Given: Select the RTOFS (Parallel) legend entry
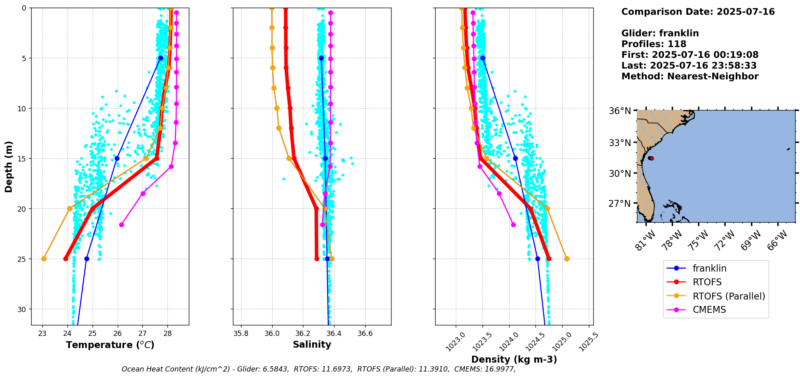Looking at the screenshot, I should click(728, 296).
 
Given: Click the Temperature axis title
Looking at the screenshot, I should click(110, 345).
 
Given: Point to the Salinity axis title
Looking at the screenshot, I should click(312, 344).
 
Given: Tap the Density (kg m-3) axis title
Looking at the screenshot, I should click(514, 359).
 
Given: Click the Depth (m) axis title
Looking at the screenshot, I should click(9, 166).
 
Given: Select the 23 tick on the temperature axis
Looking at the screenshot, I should click(42, 333).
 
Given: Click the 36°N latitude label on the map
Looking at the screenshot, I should click(620, 111).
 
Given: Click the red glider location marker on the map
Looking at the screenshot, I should click(651, 158).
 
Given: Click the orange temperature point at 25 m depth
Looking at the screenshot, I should click(44, 259).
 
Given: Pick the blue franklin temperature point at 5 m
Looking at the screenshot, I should click(161, 58).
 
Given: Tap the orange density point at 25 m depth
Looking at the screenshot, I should click(567, 259).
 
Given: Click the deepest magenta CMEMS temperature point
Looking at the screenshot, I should click(121, 225).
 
